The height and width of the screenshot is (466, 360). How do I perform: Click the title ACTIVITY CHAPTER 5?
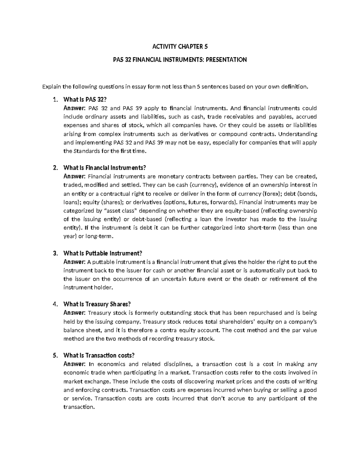pyautogui.click(x=180, y=47)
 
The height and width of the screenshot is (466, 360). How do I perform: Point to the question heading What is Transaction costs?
pyautogui.click(x=99, y=356)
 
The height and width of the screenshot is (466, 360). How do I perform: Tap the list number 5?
pyautogui.click(x=55, y=356)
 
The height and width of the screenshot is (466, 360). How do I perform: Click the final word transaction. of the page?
pyautogui.click(x=79, y=407)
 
